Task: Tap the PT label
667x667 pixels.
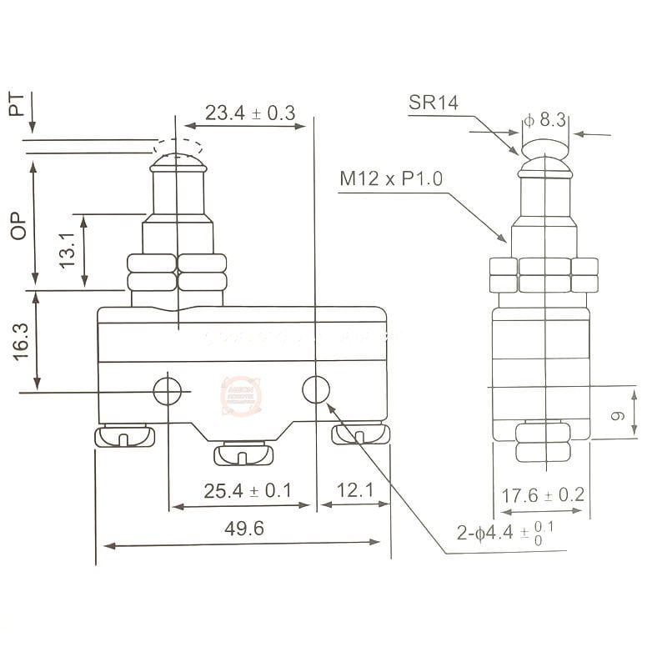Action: (x=17, y=105)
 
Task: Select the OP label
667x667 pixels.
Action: (x=18, y=224)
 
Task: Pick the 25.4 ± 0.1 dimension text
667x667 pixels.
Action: (x=248, y=491)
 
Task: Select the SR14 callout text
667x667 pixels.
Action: (x=433, y=103)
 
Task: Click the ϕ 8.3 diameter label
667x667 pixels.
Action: (x=545, y=120)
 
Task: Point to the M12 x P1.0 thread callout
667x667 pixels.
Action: (x=391, y=179)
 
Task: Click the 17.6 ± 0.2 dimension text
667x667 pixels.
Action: (x=543, y=495)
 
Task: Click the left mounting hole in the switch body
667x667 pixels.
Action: (x=168, y=389)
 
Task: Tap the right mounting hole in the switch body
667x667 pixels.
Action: (x=316, y=389)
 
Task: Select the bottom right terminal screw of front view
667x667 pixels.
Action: (x=360, y=434)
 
